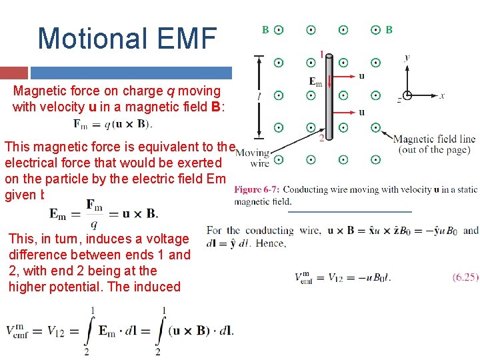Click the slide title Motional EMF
coord(127,39)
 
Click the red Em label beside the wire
coord(315,81)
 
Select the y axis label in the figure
coord(407,58)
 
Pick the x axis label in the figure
coord(441,96)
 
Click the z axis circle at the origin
coord(407,95)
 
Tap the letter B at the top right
coord(389,30)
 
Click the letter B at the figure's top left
coord(265,30)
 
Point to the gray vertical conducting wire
coord(329,100)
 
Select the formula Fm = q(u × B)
coord(113,123)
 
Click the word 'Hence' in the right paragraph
coord(273,244)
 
